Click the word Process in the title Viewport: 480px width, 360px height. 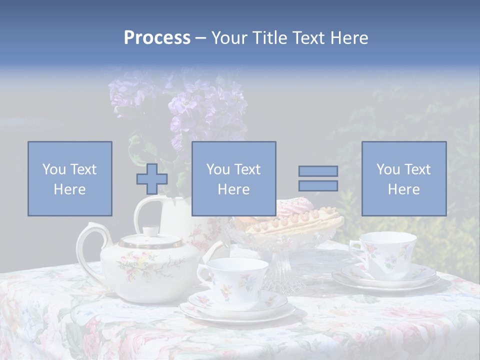157,37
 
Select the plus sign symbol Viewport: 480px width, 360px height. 152,179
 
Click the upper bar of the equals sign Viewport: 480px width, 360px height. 318,171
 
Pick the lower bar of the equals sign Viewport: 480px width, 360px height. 318,186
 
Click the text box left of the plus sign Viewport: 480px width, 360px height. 70,178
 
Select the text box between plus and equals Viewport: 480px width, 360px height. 233,178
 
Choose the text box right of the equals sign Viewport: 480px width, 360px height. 403,178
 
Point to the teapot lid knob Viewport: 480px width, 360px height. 150,231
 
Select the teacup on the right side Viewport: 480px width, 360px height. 387,252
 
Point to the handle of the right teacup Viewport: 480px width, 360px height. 355,249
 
